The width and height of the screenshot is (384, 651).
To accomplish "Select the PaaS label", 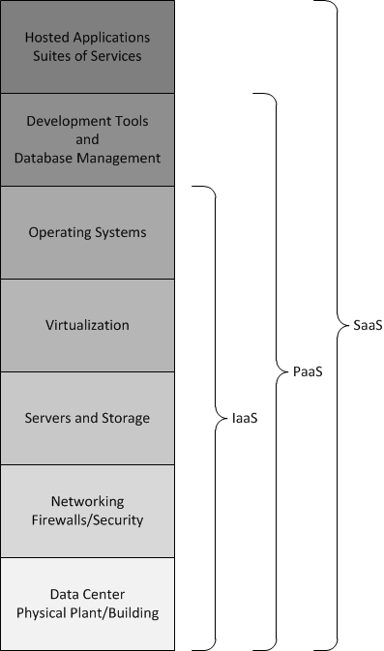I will point(308,371).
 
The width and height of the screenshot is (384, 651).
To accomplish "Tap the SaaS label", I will point(368,325).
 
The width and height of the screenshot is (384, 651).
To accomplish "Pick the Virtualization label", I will point(87,325).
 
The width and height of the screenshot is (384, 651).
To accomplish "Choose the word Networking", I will point(87,501).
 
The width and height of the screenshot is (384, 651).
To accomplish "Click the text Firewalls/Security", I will point(87,519).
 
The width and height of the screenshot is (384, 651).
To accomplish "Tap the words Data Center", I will point(87,594).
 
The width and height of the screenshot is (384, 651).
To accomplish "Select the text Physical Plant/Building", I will point(87,612).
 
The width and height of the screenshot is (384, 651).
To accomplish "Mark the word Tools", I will point(131,121).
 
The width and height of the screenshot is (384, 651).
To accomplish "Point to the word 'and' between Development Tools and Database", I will point(87,139).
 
